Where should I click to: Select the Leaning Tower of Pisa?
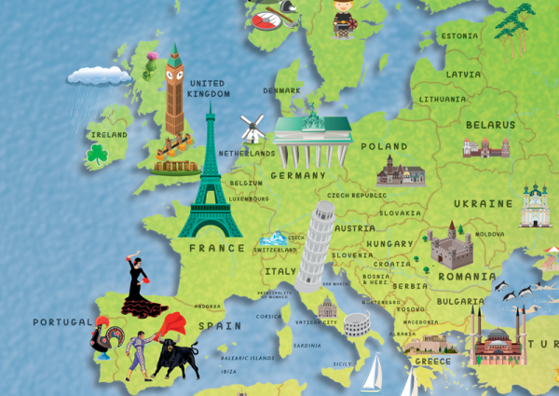314,244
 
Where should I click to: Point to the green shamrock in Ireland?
98,156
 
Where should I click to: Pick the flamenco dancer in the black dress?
138,284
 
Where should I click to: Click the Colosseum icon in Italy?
356,323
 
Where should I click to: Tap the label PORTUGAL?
62,322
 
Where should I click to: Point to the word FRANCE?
216,249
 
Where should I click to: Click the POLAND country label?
384,146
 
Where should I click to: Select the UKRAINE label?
483,203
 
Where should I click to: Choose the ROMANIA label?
467,277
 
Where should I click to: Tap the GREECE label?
432,362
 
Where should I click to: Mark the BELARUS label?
490,124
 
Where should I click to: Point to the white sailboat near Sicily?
373,374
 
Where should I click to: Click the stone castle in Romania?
451,245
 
